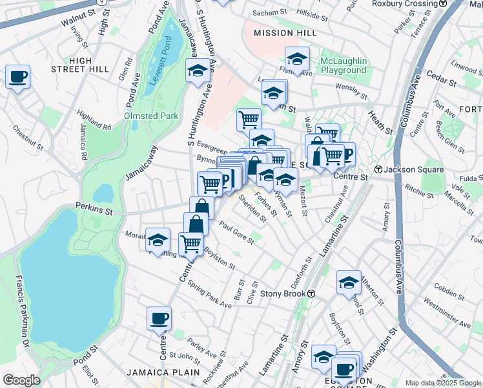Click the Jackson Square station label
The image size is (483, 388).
pyautogui.click(x=414, y=169)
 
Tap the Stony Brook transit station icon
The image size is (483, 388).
pyautogui.click(x=311, y=294)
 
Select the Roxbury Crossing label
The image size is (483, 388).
pyautogui.click(x=405, y=3)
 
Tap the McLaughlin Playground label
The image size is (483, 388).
pyautogui.click(x=344, y=65)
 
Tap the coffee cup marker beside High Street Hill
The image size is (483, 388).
pyautogui.click(x=17, y=77)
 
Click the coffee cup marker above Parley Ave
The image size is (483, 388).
pyautogui.click(x=159, y=318)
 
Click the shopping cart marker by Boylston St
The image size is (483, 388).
pyautogui.click(x=190, y=243)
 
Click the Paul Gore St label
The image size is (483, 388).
pyautogui.click(x=236, y=232)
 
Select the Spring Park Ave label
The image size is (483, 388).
pyautogui.click(x=209, y=294)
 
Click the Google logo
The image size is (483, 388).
pyautogui.click(x=22, y=380)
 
